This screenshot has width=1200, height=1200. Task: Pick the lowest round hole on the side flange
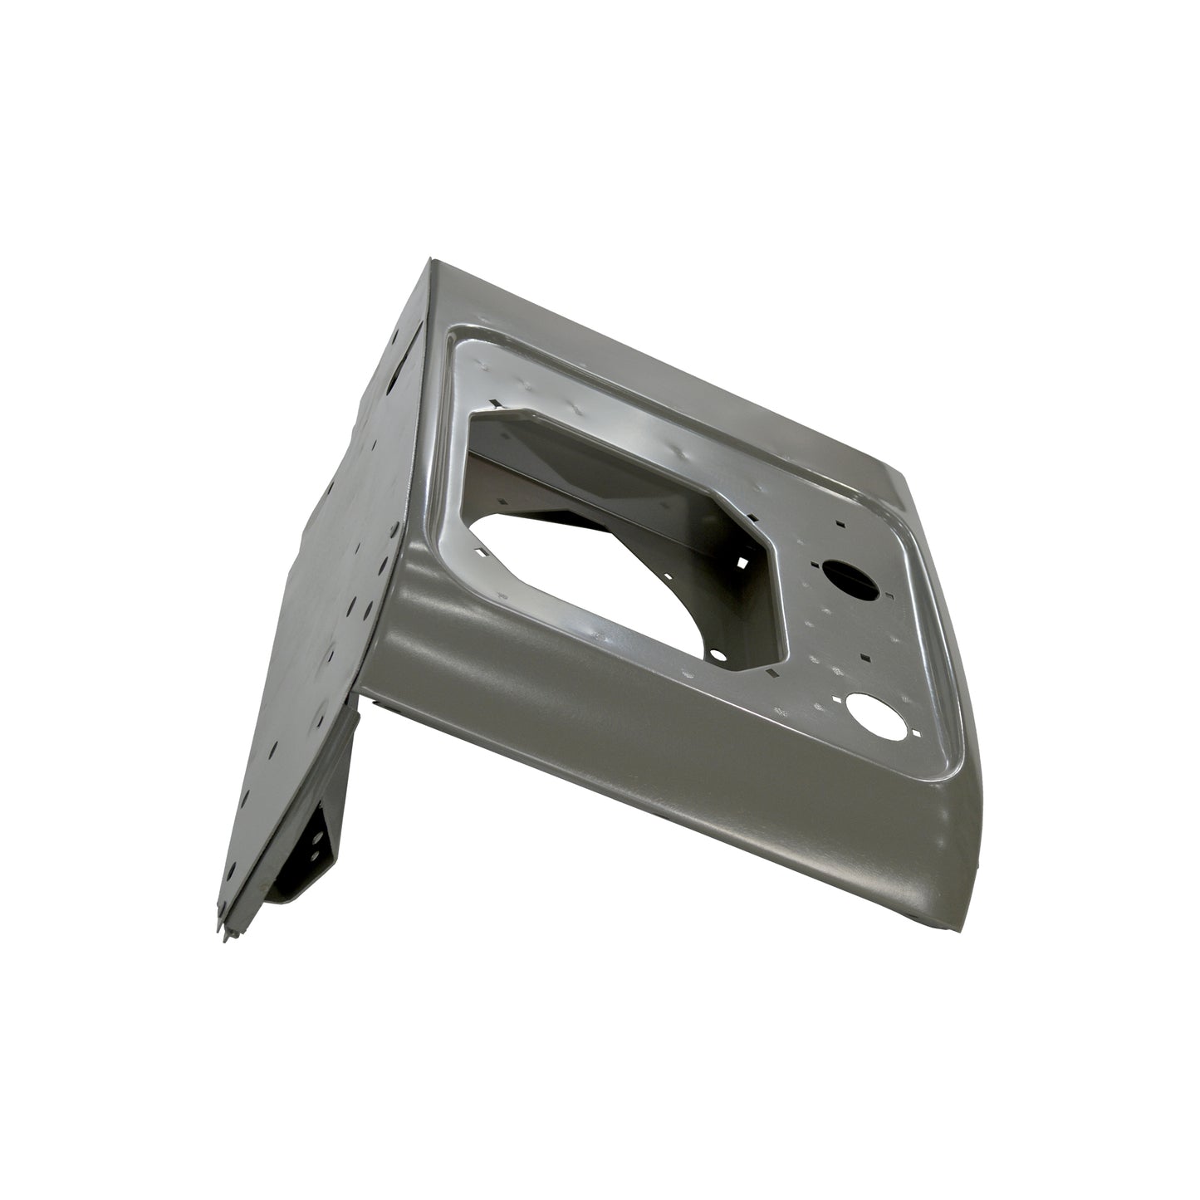tap(231, 869)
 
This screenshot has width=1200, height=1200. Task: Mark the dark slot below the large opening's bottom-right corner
tap(772, 671)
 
